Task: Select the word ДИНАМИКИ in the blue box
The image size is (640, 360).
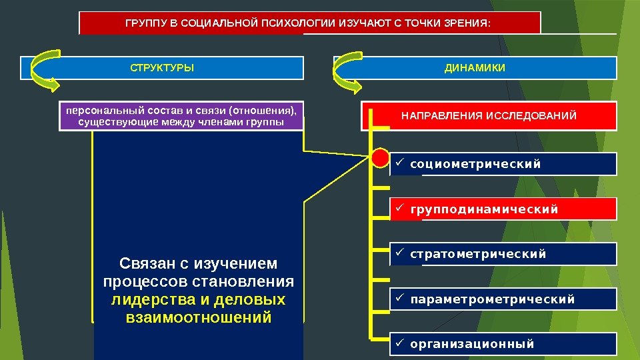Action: [x=475, y=68]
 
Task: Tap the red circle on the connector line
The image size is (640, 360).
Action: [x=379, y=159]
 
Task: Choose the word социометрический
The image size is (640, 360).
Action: [x=475, y=164]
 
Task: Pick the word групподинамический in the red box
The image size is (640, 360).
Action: [x=484, y=210]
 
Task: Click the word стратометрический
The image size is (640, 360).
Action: [x=478, y=254]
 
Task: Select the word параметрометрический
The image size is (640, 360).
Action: [x=492, y=299]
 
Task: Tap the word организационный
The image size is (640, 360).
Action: [x=472, y=344]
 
